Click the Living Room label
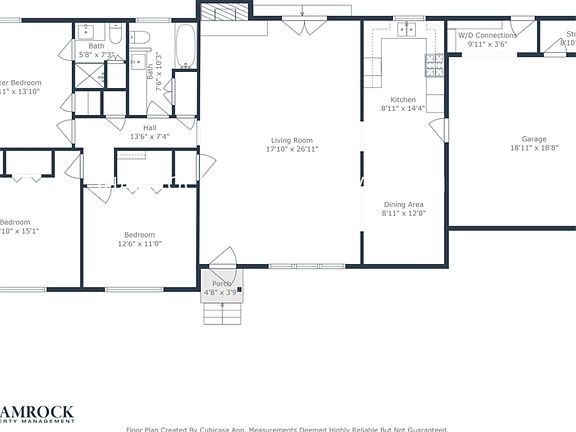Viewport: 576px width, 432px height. (x=291, y=140)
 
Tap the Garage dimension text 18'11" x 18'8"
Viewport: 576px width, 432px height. (x=533, y=148)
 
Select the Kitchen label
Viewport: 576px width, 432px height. (x=403, y=99)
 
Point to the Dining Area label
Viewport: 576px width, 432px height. (x=403, y=204)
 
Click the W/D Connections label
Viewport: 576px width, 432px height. (x=482, y=35)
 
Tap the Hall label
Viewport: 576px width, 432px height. (x=149, y=127)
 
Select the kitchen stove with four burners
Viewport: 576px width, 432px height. (x=435, y=66)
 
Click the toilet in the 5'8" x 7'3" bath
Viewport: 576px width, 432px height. (x=116, y=37)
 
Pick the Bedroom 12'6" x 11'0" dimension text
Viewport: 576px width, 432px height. (x=139, y=243)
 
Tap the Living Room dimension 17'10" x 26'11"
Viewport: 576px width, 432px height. (x=291, y=150)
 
